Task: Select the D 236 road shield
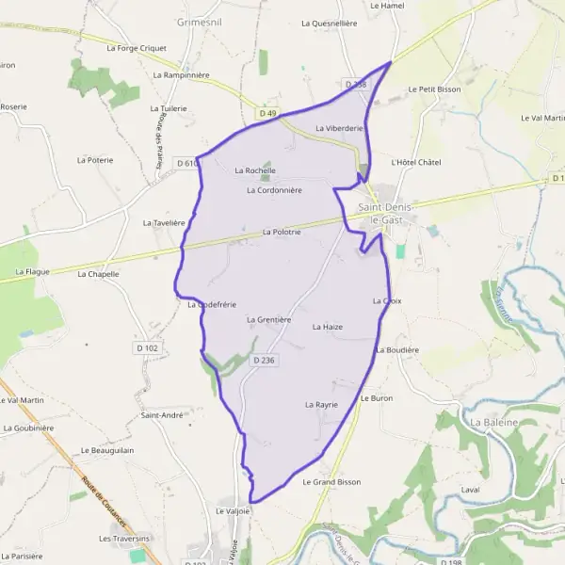click(x=264, y=361)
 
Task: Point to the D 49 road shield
click(x=267, y=114)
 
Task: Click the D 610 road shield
click(x=186, y=163)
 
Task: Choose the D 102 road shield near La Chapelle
click(x=147, y=348)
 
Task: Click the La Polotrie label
click(x=281, y=232)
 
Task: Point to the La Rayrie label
click(x=321, y=404)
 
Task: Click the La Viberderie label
click(x=339, y=128)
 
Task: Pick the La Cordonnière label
click(x=273, y=190)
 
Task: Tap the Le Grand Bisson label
click(x=331, y=482)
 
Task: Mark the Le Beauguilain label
click(x=108, y=451)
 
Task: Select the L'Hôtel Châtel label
click(x=415, y=163)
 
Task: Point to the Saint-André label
click(x=161, y=415)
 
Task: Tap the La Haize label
click(x=327, y=327)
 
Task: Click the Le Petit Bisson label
click(x=434, y=89)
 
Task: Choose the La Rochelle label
click(x=255, y=170)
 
